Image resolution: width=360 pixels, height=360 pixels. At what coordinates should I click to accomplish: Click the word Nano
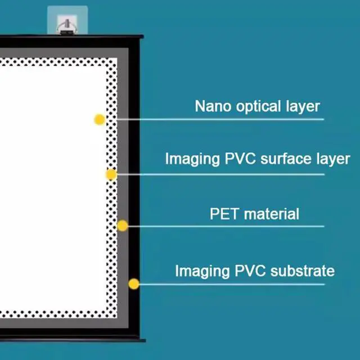pos(211,106)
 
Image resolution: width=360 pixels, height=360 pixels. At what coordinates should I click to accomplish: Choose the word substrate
pos(302,271)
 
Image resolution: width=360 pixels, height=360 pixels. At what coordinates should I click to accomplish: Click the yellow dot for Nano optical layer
pos(100,119)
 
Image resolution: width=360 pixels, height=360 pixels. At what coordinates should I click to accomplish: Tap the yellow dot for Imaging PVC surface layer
pos(111,174)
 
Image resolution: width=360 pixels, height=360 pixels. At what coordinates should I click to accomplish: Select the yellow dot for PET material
pos(122,226)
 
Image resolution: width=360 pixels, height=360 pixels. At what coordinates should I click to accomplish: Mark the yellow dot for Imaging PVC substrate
pos(133,284)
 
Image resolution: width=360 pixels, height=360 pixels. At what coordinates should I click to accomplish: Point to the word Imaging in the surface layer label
pos(192,159)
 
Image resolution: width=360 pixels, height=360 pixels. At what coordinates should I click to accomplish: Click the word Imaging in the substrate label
pos(202,272)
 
